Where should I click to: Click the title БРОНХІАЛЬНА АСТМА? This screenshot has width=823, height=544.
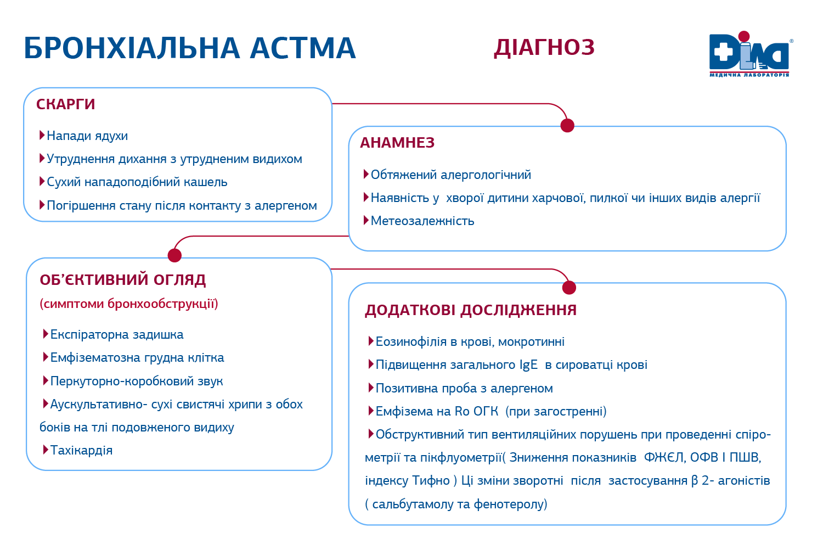[190, 48]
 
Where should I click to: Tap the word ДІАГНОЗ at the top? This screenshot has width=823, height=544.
[544, 48]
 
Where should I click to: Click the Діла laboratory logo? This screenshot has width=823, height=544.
[749, 54]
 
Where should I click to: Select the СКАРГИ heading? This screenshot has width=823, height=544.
[66, 104]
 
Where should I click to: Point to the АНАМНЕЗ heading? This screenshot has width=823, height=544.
[397, 143]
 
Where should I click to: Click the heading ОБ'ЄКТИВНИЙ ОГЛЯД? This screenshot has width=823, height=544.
[123, 280]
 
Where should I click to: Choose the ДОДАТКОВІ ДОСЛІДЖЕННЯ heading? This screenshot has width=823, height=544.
[471, 310]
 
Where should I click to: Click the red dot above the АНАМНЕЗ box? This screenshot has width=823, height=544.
[567, 126]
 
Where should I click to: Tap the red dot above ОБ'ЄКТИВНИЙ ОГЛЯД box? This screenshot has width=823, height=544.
[174, 255]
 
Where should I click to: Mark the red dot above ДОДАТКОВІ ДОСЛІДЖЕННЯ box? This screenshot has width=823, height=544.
[569, 287]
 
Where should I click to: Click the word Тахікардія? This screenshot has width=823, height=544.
[81, 451]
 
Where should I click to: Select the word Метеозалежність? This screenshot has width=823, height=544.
[422, 221]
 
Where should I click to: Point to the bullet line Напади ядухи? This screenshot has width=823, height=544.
[87, 136]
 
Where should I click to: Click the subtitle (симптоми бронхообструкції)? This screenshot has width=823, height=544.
[129, 304]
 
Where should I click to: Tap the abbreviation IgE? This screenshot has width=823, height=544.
[528, 365]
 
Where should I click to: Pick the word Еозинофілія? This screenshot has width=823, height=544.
[411, 342]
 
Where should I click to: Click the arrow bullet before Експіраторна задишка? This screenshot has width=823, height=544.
[46, 334]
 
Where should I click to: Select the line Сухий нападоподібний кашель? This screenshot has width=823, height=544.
[137, 182]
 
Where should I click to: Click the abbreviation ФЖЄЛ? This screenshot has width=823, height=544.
[664, 458]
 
